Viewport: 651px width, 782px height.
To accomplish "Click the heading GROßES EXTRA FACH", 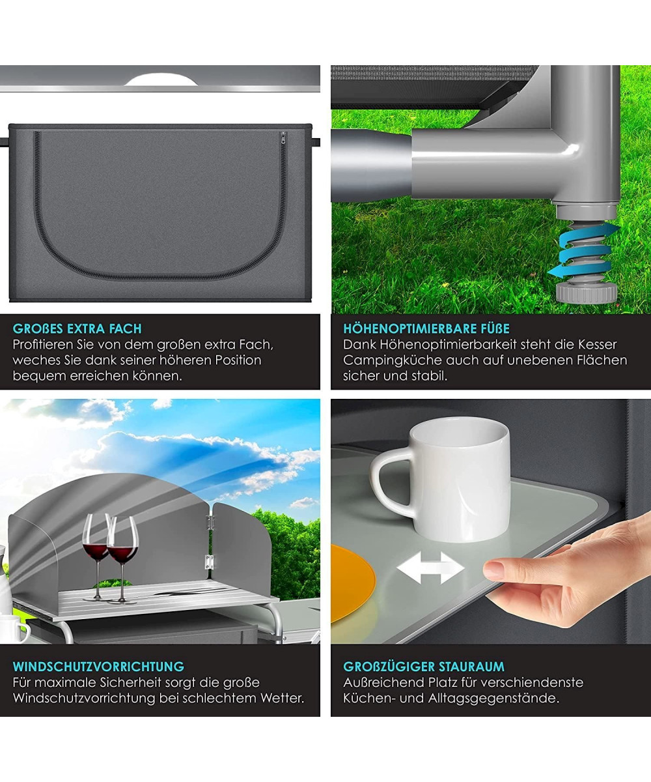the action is [x=77, y=328].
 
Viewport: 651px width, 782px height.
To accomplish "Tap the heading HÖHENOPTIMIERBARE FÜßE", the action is [x=426, y=328].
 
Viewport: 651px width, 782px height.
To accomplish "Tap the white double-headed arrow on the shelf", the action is [x=430, y=568].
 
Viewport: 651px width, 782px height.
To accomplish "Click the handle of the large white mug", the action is [x=390, y=480].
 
